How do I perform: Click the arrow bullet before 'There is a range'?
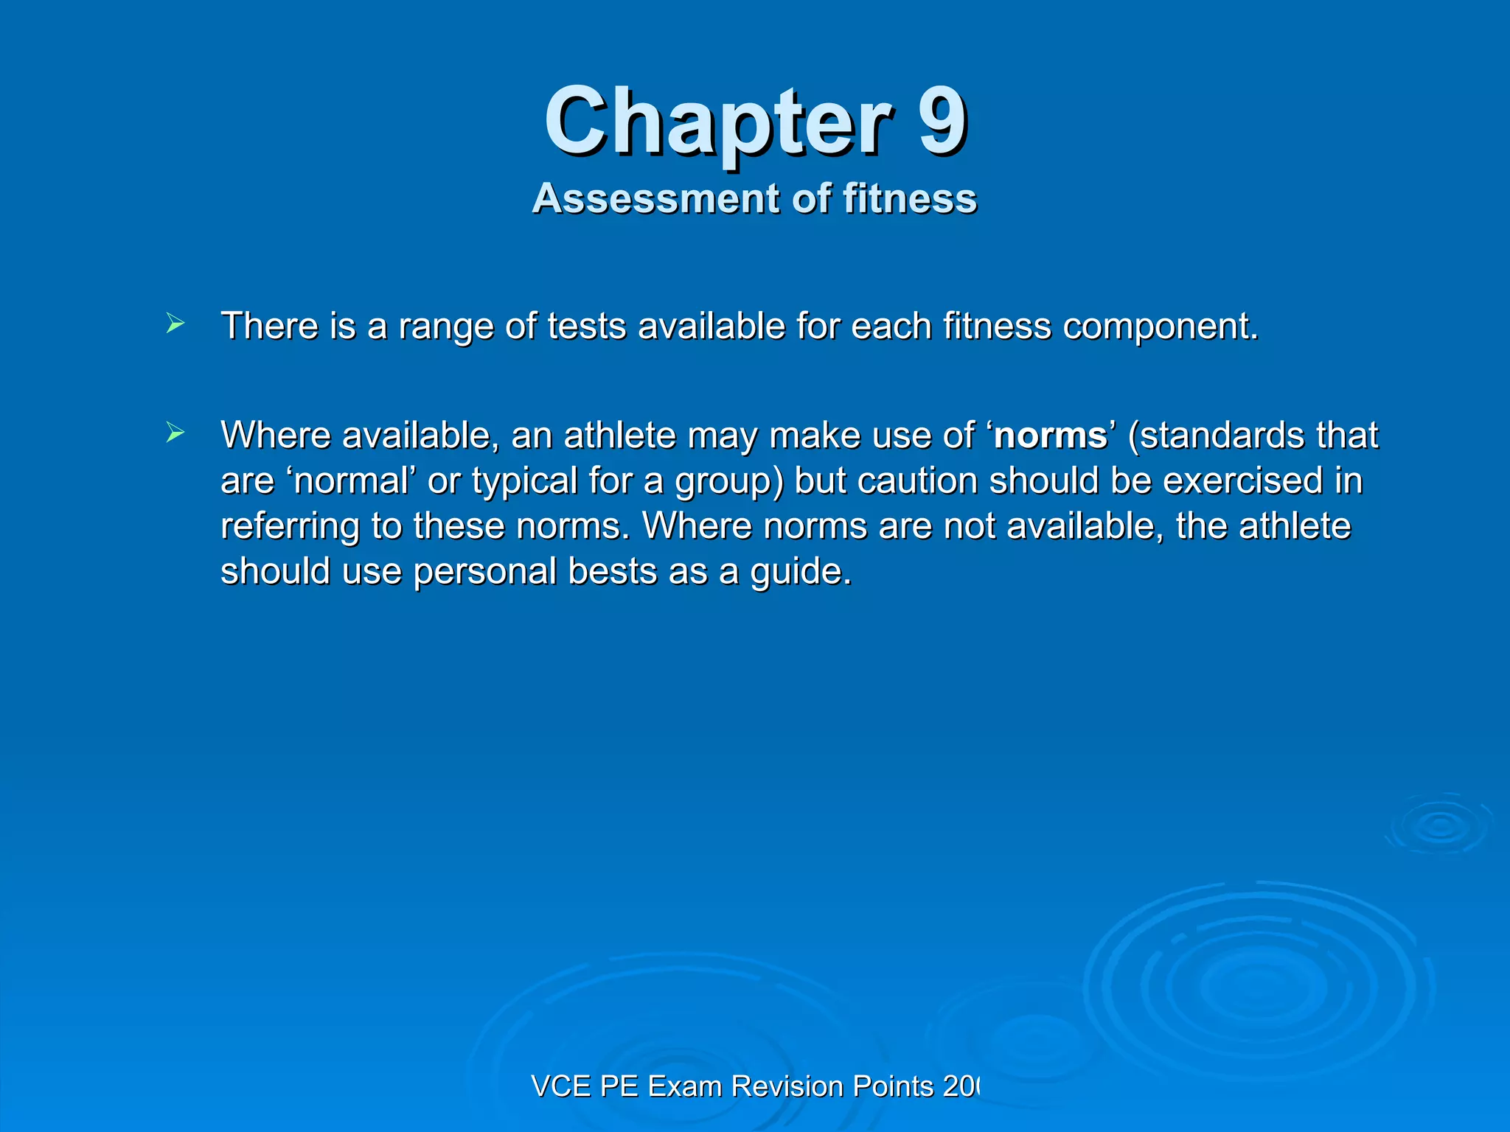pos(175,324)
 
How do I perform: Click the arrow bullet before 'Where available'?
pos(175,433)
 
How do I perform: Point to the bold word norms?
pos(1050,436)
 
